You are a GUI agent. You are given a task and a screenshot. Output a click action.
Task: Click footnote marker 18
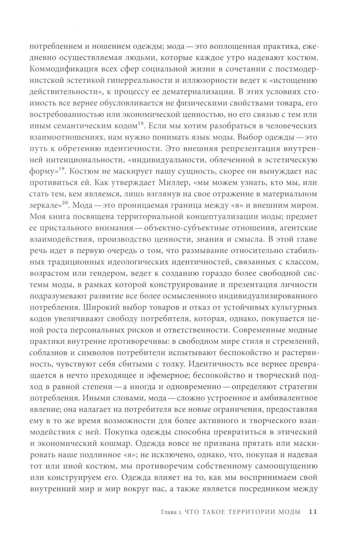141,123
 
